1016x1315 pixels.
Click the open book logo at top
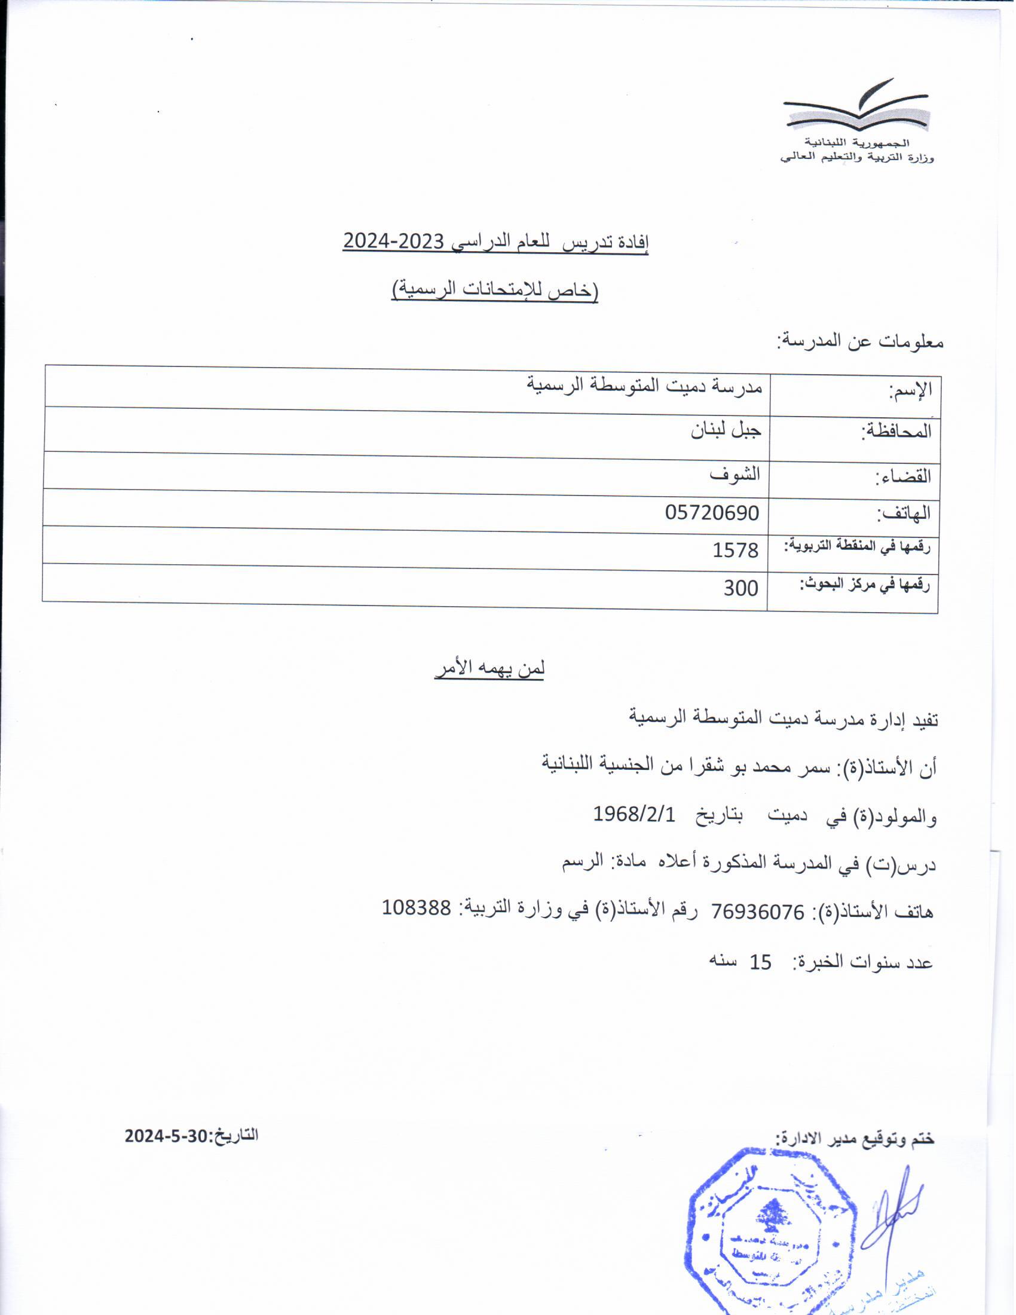tap(856, 107)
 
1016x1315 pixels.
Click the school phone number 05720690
tap(711, 513)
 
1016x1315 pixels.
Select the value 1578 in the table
tap(735, 550)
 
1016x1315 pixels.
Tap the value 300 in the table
tap(740, 588)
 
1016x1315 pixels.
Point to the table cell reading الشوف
tap(735, 474)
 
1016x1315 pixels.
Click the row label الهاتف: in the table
tap(903, 513)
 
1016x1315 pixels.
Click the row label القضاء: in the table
tap(902, 477)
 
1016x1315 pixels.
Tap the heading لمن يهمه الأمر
tap(489, 669)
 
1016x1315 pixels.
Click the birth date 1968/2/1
tap(634, 814)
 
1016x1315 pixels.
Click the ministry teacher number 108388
tap(417, 907)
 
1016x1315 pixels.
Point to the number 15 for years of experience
tap(760, 962)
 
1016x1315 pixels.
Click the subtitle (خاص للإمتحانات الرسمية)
tap(495, 290)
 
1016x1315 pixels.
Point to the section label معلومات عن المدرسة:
tap(860, 342)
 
